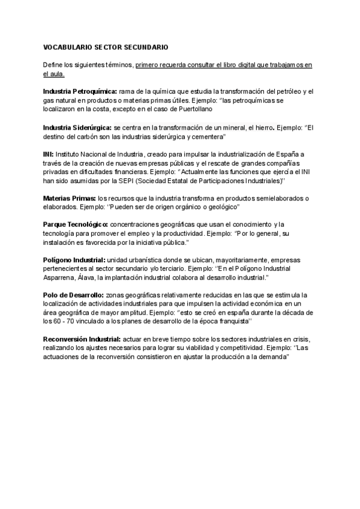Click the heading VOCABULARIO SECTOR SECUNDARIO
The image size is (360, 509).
pyautogui.click(x=106, y=47)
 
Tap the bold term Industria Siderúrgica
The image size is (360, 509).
pyautogui.click(x=77, y=127)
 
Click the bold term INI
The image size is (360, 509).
pyautogui.click(x=48, y=154)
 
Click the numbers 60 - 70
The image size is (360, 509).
pyautogui.click(x=64, y=321)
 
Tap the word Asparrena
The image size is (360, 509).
pyautogui.click(x=60, y=278)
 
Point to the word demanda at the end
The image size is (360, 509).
pyautogui.click(x=274, y=357)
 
